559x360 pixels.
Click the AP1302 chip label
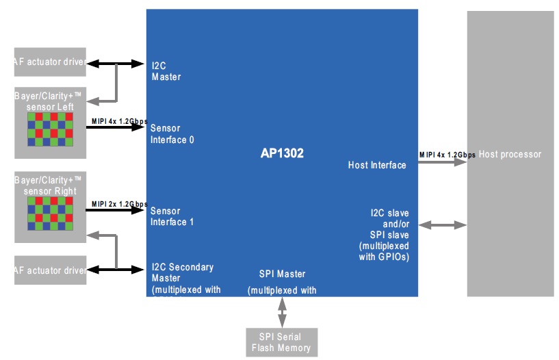(282, 155)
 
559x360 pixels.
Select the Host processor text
(510, 155)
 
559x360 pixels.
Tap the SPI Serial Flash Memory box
(280, 342)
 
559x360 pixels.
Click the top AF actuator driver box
(50, 64)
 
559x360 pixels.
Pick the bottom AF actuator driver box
(50, 270)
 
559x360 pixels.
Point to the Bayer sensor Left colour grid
(50, 129)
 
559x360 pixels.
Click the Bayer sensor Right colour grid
(50, 214)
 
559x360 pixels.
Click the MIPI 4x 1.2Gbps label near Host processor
(447, 155)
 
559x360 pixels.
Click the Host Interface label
(377, 165)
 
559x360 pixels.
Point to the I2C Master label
(166, 71)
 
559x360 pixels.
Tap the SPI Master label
(282, 274)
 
